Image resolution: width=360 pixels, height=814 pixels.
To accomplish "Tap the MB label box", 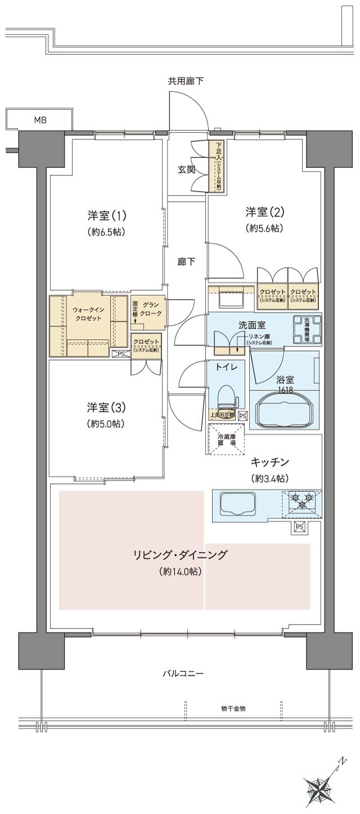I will [x=39, y=119].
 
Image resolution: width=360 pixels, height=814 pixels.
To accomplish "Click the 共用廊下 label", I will [x=186, y=81].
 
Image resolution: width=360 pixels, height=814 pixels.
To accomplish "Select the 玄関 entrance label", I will [x=187, y=169].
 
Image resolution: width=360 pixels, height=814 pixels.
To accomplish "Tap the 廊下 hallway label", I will [x=186, y=262].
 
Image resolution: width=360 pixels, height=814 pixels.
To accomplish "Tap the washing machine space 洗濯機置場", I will [x=307, y=330].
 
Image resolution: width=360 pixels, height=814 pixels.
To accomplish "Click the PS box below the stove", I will [x=299, y=527].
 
